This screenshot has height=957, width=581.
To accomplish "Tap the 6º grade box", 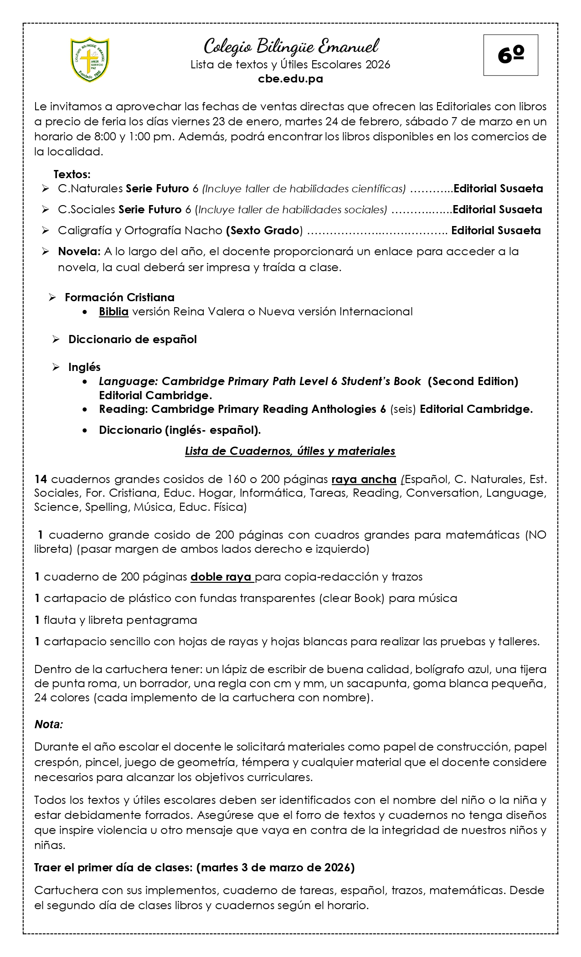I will click(x=510, y=55).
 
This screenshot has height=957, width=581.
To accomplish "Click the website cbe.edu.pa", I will click(x=290, y=79).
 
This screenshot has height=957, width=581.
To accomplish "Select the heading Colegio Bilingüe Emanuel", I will click(x=291, y=46).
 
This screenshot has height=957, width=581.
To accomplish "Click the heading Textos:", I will click(x=72, y=174).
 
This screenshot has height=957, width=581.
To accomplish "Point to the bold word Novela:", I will click(x=79, y=251).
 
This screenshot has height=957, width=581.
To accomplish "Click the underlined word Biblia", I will click(x=113, y=312).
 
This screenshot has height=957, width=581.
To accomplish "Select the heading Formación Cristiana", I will click(x=119, y=297).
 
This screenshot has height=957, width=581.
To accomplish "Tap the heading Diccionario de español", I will click(x=132, y=339).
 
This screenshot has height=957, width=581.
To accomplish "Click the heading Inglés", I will click(x=84, y=367).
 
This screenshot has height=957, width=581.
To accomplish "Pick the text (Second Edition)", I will click(x=473, y=381).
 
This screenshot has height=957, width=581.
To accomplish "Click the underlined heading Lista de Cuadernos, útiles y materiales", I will click(x=290, y=451).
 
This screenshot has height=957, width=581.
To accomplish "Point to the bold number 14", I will click(x=41, y=479).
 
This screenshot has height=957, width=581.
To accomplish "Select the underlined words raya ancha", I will click(x=364, y=479).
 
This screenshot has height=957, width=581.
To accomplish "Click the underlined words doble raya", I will click(x=221, y=576).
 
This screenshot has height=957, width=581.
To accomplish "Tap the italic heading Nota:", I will click(x=48, y=724).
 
